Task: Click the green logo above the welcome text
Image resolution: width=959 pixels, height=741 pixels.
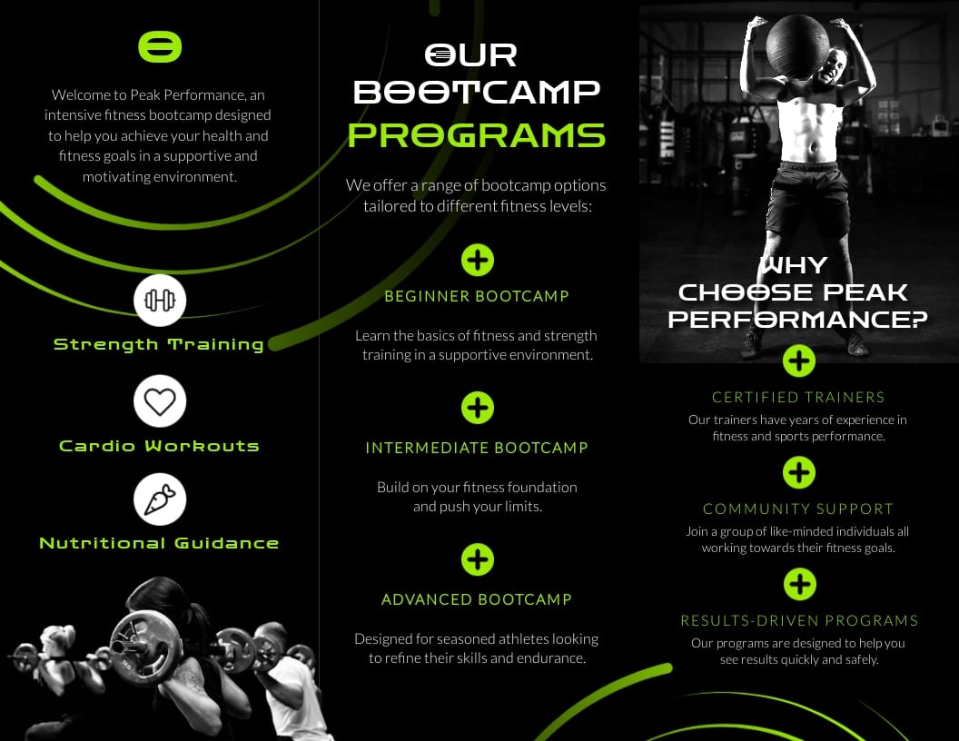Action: click(160, 47)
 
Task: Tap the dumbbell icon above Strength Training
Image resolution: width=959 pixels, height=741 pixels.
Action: click(160, 301)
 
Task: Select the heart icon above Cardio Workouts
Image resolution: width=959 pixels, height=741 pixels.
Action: click(160, 401)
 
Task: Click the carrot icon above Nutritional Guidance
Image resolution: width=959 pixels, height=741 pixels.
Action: click(160, 499)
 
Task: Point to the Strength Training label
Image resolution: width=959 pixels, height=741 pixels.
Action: click(159, 344)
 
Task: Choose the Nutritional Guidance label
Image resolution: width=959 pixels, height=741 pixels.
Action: click(159, 543)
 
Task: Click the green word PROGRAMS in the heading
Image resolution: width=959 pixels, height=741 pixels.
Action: click(477, 135)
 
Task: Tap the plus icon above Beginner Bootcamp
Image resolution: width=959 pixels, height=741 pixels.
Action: click(477, 260)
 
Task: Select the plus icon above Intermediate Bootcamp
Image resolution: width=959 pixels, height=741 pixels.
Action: click(477, 408)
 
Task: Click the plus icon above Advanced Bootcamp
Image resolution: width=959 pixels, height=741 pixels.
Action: click(477, 559)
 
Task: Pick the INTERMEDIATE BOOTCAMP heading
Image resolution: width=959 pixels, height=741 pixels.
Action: click(477, 448)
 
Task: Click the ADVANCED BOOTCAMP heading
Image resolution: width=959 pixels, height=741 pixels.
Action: click(477, 599)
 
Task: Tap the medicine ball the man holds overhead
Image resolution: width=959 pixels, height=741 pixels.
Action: click(797, 44)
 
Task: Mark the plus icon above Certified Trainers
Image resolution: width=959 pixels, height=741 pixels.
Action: click(799, 361)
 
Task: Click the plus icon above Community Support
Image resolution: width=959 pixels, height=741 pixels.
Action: click(799, 473)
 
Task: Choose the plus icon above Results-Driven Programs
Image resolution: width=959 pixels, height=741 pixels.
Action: click(799, 584)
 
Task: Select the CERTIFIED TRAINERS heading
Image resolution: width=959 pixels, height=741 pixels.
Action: click(799, 397)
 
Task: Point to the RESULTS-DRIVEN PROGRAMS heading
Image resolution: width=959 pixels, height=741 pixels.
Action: click(799, 621)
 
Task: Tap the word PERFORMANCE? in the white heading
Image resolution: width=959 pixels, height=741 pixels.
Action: click(798, 320)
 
